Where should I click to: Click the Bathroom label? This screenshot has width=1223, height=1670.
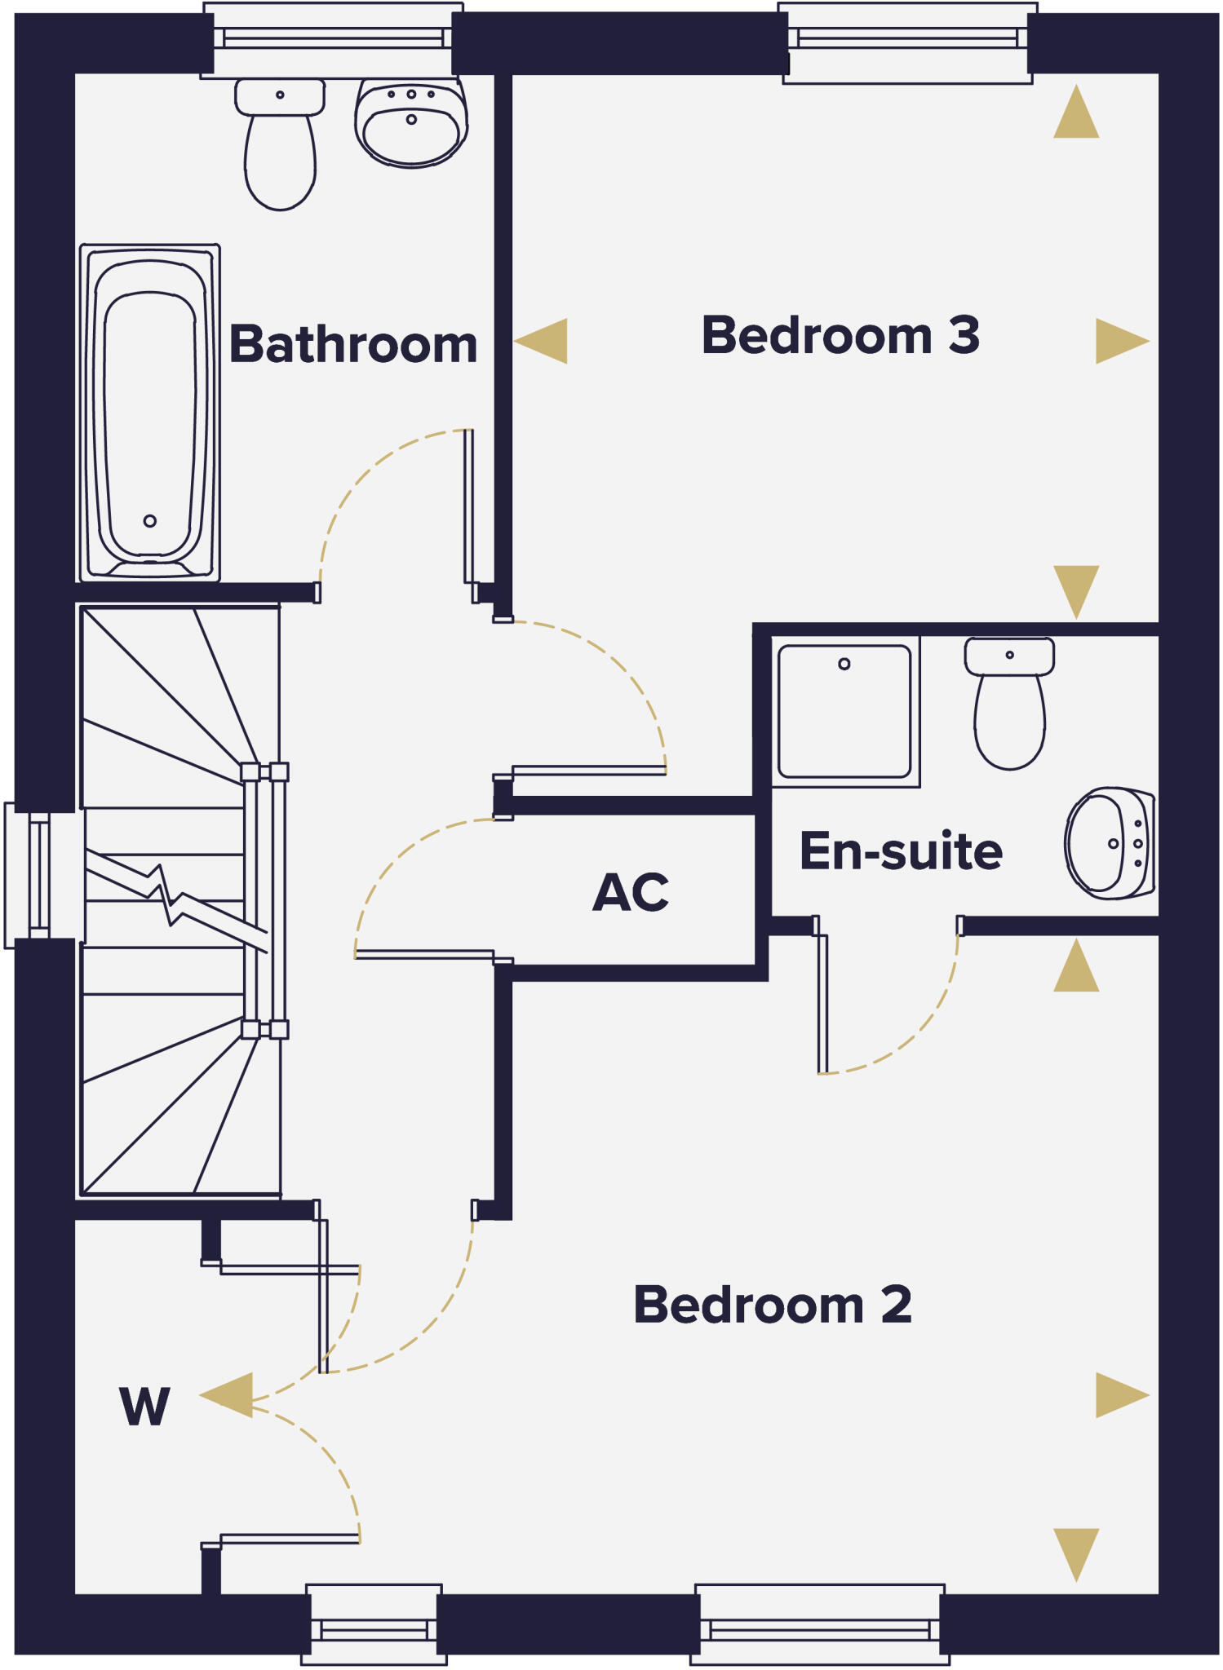(x=352, y=344)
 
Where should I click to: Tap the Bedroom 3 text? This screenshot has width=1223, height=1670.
(x=840, y=335)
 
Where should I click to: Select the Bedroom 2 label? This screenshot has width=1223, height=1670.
(x=772, y=1305)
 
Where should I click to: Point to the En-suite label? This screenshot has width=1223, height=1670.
(x=901, y=850)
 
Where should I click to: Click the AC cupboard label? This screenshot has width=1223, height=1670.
(x=631, y=892)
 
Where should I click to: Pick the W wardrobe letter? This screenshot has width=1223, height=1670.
(x=144, y=1407)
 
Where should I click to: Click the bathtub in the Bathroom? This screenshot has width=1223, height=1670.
(x=149, y=412)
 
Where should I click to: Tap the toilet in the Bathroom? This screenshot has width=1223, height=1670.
(x=280, y=147)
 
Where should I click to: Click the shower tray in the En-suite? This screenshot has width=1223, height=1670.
(x=844, y=711)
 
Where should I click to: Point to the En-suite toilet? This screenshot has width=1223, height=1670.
(x=1009, y=705)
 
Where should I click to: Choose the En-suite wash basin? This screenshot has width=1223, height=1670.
(x=1109, y=843)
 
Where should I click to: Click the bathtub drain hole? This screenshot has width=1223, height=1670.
(x=149, y=521)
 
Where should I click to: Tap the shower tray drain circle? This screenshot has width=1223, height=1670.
(x=844, y=664)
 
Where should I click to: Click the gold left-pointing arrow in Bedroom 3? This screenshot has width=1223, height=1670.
(x=543, y=340)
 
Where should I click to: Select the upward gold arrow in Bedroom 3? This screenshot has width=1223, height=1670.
(x=1076, y=114)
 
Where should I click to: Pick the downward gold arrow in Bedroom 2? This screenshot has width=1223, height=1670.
(x=1076, y=1554)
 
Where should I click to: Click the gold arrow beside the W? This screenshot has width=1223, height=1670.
(x=228, y=1395)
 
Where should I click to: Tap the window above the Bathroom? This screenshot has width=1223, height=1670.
(x=333, y=38)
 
